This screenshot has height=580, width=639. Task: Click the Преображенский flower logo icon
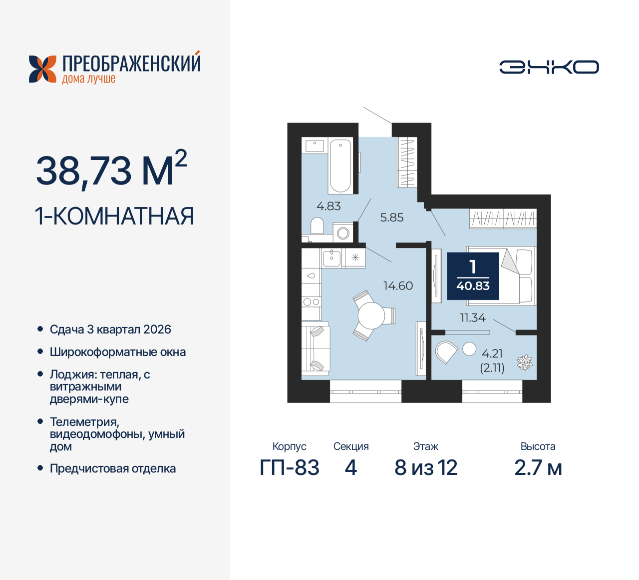point(42,69)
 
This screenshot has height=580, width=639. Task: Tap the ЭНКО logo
point(549,67)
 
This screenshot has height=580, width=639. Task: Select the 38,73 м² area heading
point(111,170)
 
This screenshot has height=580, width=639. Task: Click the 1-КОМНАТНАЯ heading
point(114,216)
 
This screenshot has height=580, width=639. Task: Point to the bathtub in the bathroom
point(340,165)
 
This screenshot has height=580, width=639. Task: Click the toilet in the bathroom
point(317,226)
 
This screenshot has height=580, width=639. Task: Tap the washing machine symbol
point(343,233)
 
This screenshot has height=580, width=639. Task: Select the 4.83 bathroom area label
point(328,206)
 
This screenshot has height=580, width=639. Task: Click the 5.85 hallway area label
point(392,217)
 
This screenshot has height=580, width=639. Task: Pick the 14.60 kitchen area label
point(398,286)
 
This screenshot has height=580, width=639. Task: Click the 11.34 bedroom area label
point(472,317)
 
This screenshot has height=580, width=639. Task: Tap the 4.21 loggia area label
point(492,353)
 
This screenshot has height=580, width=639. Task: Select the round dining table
point(371,315)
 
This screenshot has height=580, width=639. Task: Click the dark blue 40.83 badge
point(473,276)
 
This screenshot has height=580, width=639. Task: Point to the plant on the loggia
point(524,362)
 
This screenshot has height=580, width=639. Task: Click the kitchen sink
point(331,258)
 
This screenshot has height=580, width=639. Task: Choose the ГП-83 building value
point(290,468)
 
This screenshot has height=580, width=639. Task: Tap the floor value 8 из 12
point(426,468)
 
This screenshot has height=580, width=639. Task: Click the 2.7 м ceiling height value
point(538,468)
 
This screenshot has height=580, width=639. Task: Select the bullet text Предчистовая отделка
point(113,469)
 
